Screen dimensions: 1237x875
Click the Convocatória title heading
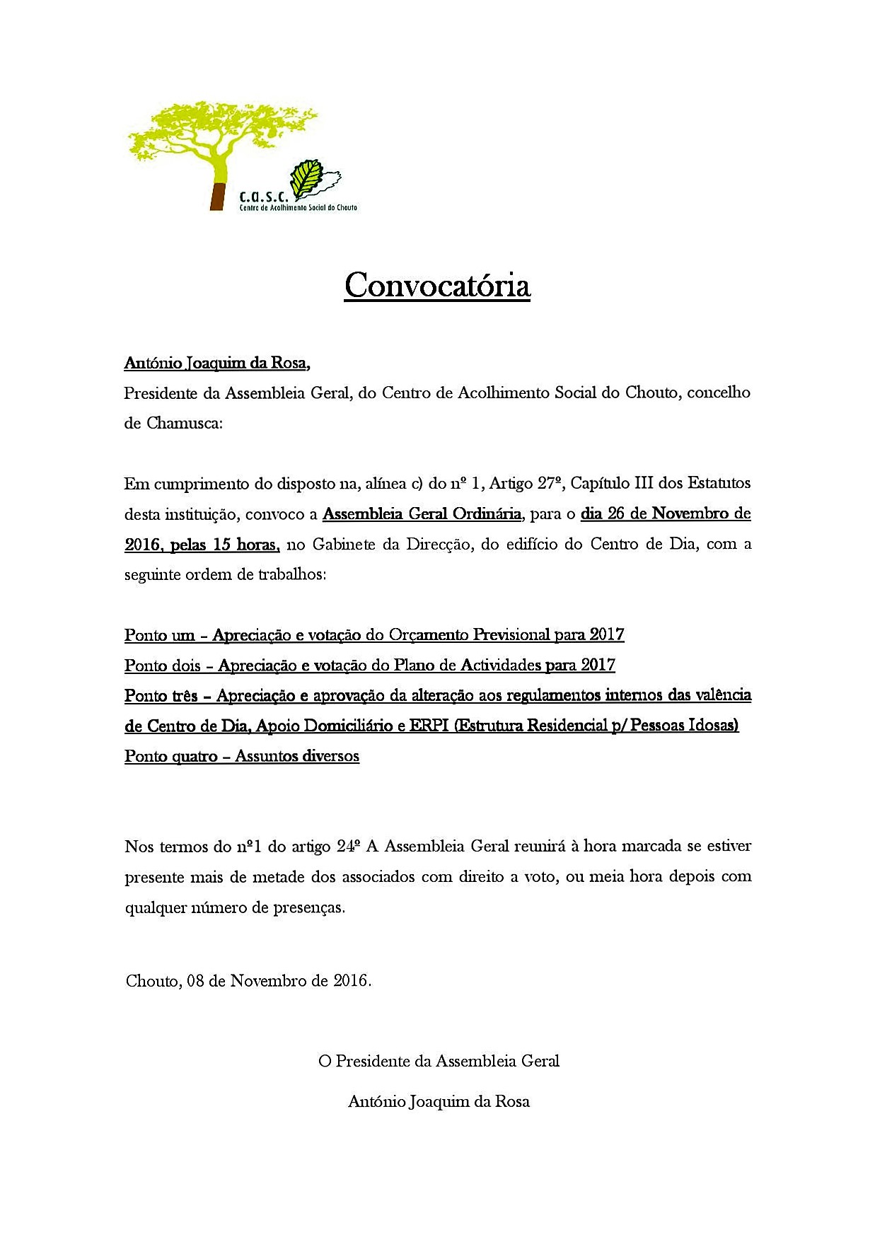click(437, 286)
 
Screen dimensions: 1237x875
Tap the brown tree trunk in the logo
click(219, 194)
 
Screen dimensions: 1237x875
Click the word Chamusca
click(184, 424)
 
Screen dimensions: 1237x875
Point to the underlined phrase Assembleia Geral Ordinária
click(422, 514)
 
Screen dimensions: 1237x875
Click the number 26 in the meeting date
click(616, 514)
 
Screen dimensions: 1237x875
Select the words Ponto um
click(159, 635)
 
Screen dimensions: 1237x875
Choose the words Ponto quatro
click(171, 757)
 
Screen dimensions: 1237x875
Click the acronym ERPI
click(429, 726)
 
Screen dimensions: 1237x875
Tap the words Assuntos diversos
click(297, 757)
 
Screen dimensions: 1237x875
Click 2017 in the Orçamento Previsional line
click(607, 635)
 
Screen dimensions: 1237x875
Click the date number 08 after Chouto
click(196, 982)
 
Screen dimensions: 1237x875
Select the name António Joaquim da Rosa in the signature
click(439, 1102)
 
